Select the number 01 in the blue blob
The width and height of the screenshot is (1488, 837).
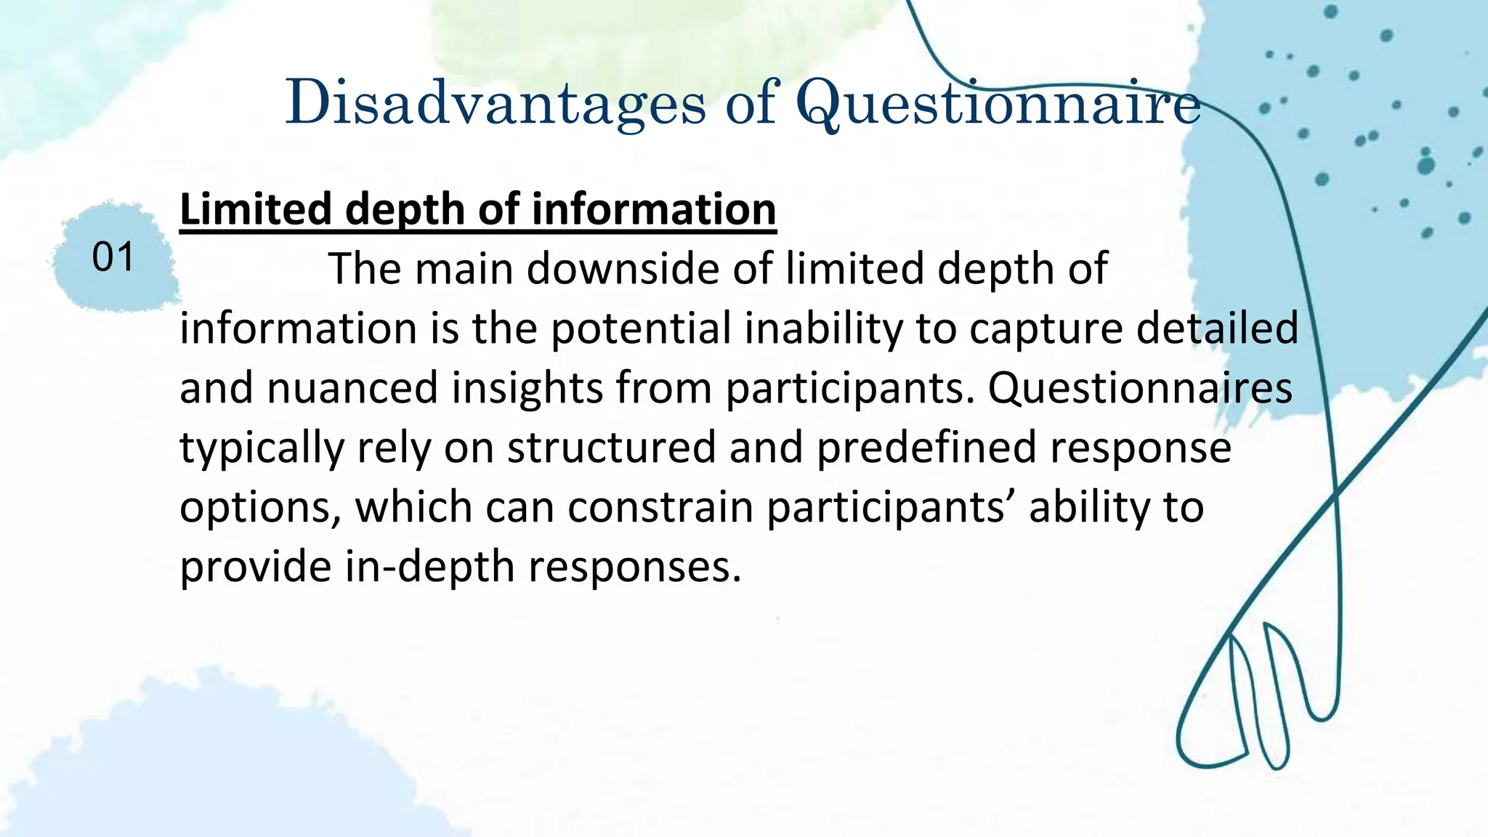[x=113, y=257]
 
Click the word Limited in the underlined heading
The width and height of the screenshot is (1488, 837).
[x=255, y=209]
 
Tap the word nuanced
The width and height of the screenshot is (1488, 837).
[x=352, y=387]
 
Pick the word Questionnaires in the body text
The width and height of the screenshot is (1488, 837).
[x=1140, y=387]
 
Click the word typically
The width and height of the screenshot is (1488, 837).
[x=262, y=448]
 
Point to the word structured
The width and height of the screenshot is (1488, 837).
[x=612, y=447]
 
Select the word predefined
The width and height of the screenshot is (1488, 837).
[x=926, y=447]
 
